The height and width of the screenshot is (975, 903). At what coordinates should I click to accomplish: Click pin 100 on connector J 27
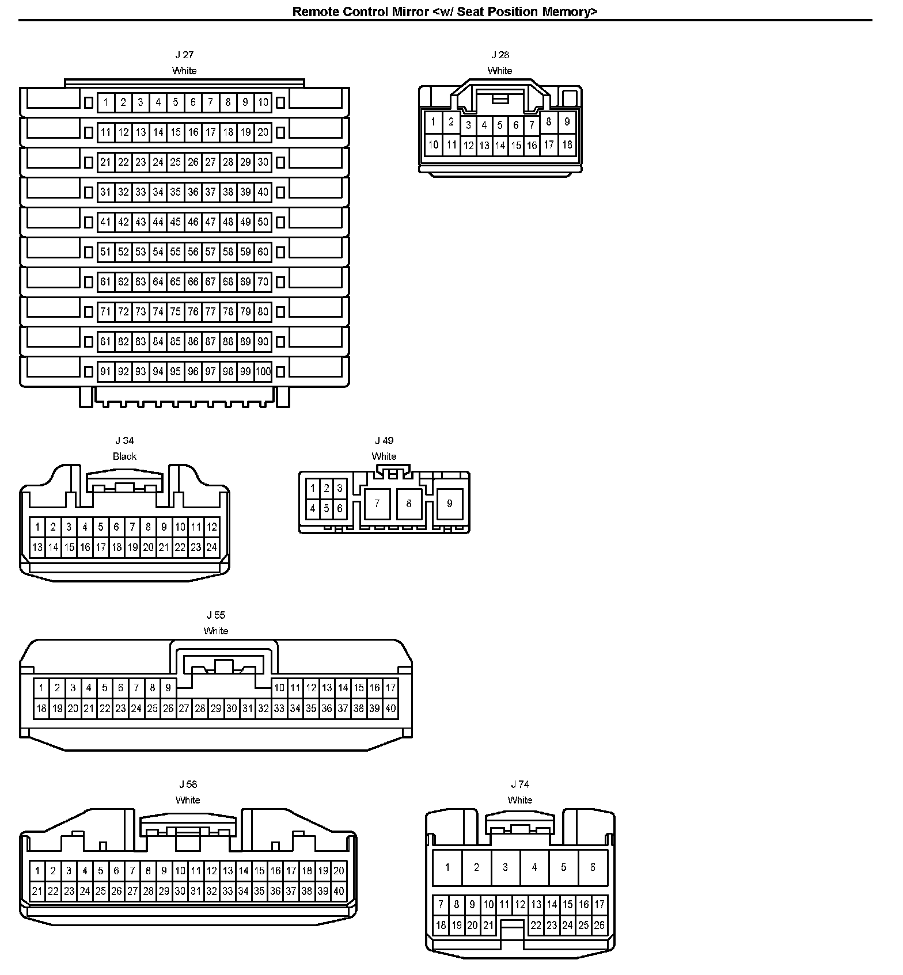263,372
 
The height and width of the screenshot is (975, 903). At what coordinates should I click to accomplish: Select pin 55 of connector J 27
176,252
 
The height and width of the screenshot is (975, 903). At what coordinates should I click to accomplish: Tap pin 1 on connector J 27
105,103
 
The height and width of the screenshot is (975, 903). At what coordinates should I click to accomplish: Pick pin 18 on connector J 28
567,144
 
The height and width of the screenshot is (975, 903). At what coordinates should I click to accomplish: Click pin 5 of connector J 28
500,125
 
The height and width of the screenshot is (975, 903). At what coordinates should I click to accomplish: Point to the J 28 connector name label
500,55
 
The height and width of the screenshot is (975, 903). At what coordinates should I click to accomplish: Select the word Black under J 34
124,456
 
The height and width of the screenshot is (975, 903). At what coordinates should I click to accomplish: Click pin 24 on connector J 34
211,547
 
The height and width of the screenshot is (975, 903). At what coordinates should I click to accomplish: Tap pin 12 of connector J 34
211,527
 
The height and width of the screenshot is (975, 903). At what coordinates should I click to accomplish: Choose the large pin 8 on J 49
409,504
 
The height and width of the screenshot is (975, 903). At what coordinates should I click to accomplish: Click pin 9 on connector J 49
449,504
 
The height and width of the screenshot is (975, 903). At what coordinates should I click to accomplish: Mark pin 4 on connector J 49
313,508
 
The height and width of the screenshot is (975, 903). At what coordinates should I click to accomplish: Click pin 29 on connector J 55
215,709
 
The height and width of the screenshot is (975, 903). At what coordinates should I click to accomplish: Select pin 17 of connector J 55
390,688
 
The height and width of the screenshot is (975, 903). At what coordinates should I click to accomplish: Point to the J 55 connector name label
216,615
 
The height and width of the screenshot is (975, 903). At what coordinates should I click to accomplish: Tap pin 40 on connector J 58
339,892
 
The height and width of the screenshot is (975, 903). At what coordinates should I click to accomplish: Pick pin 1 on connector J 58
37,871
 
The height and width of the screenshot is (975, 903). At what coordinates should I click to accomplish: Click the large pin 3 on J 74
505,867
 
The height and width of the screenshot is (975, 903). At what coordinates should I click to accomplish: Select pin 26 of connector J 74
599,926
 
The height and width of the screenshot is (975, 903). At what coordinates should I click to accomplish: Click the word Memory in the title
568,12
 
